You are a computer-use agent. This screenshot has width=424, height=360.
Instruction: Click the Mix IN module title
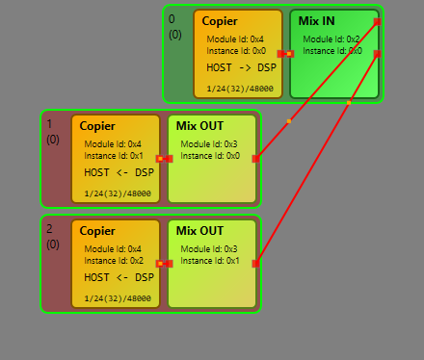point(318,20)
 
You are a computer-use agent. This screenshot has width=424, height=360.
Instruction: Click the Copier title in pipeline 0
point(220,20)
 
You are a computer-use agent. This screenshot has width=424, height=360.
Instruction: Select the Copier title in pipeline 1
point(97,125)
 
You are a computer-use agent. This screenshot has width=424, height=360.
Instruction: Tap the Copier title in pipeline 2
point(97,230)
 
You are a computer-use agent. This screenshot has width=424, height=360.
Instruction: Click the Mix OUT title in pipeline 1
point(199,125)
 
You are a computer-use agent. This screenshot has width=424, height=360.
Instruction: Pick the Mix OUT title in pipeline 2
point(199,230)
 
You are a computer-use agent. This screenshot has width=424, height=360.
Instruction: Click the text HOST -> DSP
point(241,67)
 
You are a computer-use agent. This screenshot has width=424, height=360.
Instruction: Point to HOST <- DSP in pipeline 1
point(119,172)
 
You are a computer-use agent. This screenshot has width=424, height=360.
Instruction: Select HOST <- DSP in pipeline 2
point(119,277)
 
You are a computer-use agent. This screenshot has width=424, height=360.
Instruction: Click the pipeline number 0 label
point(172,19)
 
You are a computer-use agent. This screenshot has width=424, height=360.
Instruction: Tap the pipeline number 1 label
point(50,124)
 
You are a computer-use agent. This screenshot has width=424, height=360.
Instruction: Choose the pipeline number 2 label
point(50,229)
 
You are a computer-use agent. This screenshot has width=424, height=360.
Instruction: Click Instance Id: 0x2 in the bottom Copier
point(114,260)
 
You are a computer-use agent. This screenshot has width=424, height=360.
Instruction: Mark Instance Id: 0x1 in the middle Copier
point(114,155)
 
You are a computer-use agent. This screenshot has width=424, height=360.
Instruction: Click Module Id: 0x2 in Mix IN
point(331,39)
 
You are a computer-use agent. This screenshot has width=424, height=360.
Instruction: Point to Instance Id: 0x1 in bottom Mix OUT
point(210,260)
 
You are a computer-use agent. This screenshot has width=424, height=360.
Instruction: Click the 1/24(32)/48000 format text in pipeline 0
point(239,89)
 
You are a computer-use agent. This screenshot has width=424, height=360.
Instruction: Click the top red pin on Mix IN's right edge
point(377,20)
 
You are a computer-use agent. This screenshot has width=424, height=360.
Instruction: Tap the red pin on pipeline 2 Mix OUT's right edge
point(255,263)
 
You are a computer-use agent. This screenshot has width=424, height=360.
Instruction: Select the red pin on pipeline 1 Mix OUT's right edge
point(255,158)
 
